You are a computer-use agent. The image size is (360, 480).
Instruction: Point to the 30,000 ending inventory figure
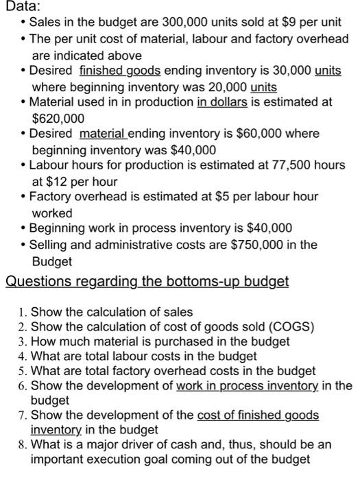coord(287,71)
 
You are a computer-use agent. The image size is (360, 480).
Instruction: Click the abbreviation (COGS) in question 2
coord(291,326)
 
